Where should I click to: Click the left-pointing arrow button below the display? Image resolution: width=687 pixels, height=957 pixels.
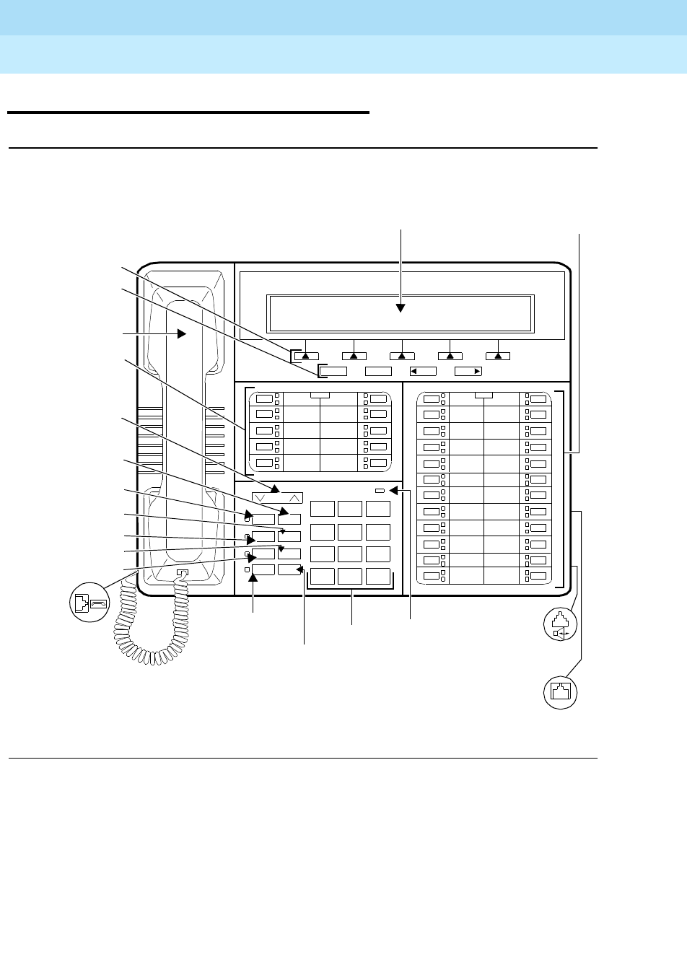pyautogui.click(x=423, y=371)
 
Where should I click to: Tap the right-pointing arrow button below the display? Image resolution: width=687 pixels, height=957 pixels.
pyautogui.click(x=468, y=371)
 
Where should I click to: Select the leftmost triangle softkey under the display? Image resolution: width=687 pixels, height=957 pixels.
pyautogui.click(x=306, y=354)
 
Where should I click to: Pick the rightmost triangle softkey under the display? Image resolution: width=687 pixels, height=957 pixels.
pyautogui.click(x=498, y=354)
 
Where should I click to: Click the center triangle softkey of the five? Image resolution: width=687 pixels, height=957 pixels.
pyautogui.click(x=402, y=354)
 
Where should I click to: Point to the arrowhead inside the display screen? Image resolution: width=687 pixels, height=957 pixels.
pyautogui.click(x=401, y=307)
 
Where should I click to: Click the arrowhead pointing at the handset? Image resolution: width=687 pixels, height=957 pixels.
pyautogui.click(x=182, y=334)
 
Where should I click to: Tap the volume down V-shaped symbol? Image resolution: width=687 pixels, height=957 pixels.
pyautogui.click(x=261, y=497)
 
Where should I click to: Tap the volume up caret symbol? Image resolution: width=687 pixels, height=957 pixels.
pyautogui.click(x=293, y=497)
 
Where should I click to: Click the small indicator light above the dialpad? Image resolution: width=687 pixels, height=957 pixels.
pyautogui.click(x=380, y=490)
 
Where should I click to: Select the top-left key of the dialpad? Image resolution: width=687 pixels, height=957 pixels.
pyautogui.click(x=322, y=508)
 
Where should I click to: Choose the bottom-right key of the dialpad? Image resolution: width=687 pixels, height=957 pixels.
pyautogui.click(x=377, y=576)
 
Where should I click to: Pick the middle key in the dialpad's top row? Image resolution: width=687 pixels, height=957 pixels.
pyautogui.click(x=350, y=508)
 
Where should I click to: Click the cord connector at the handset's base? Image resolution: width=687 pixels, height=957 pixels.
pyautogui.click(x=183, y=574)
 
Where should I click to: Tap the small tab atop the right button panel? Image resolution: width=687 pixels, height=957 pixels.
pyautogui.click(x=484, y=395)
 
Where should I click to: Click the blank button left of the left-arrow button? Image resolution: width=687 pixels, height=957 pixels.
pyautogui.click(x=378, y=371)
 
